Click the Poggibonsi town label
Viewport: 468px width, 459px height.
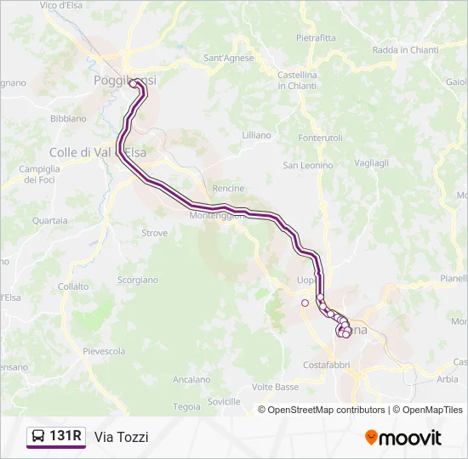click(x=124, y=81)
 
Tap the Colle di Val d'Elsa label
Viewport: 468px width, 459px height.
click(x=98, y=152)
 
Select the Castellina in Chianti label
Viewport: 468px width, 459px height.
click(x=297, y=80)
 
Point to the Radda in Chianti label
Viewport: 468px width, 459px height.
click(x=406, y=50)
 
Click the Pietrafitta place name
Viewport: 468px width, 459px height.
click(x=316, y=37)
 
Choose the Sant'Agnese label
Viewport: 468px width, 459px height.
click(x=229, y=58)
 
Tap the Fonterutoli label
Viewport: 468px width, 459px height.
click(x=320, y=138)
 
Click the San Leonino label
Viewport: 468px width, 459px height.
click(x=308, y=165)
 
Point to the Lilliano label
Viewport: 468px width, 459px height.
click(x=256, y=135)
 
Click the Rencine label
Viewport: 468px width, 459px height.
click(x=228, y=188)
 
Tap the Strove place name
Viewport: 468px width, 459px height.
click(x=154, y=232)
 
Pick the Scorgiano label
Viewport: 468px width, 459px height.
click(x=137, y=279)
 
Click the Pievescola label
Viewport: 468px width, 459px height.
click(x=104, y=351)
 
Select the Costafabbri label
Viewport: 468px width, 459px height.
click(x=326, y=365)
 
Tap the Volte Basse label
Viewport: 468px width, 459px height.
click(x=275, y=387)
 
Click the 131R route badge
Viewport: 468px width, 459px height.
click(x=56, y=437)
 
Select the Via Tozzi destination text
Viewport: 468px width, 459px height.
click(x=122, y=437)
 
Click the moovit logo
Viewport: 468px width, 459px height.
click(x=403, y=438)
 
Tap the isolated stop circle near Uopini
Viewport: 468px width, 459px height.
click(x=305, y=303)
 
